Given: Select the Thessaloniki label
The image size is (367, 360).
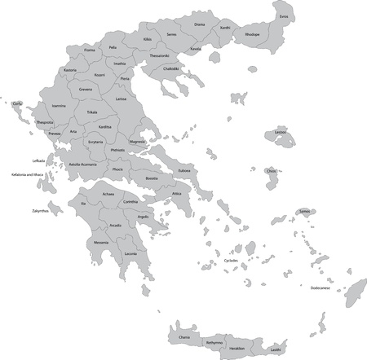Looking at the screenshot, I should click(x=159, y=55).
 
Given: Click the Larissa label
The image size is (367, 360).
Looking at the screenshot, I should click(x=121, y=99).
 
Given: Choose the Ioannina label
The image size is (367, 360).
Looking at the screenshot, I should click(x=59, y=106).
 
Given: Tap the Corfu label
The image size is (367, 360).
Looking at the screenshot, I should click(x=17, y=103).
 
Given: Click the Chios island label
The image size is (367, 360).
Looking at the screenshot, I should click(x=271, y=171).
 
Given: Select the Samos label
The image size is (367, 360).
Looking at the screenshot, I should click(x=305, y=211).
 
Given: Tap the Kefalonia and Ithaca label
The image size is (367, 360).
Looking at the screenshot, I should click(x=27, y=173).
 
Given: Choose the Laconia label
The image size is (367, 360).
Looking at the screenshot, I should click(x=130, y=253).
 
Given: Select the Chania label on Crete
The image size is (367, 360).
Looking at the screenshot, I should click(x=184, y=335).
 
